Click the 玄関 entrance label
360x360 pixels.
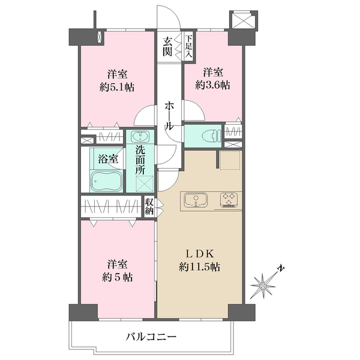167,47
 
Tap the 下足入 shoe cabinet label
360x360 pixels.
188,46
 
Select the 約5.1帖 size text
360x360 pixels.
117,88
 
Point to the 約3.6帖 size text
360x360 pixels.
213,85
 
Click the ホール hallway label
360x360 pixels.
169,116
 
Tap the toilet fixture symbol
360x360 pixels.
212,136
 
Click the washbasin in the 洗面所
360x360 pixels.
140,137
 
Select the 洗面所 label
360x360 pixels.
140,160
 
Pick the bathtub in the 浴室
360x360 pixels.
106,181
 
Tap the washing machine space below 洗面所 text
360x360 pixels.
145,184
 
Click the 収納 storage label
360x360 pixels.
149,206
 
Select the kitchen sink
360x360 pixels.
196,200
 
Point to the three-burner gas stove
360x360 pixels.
229,200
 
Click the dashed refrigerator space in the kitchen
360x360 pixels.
230,160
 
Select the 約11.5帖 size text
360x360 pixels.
200,267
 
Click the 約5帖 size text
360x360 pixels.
117,278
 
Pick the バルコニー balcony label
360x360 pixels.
151,337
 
